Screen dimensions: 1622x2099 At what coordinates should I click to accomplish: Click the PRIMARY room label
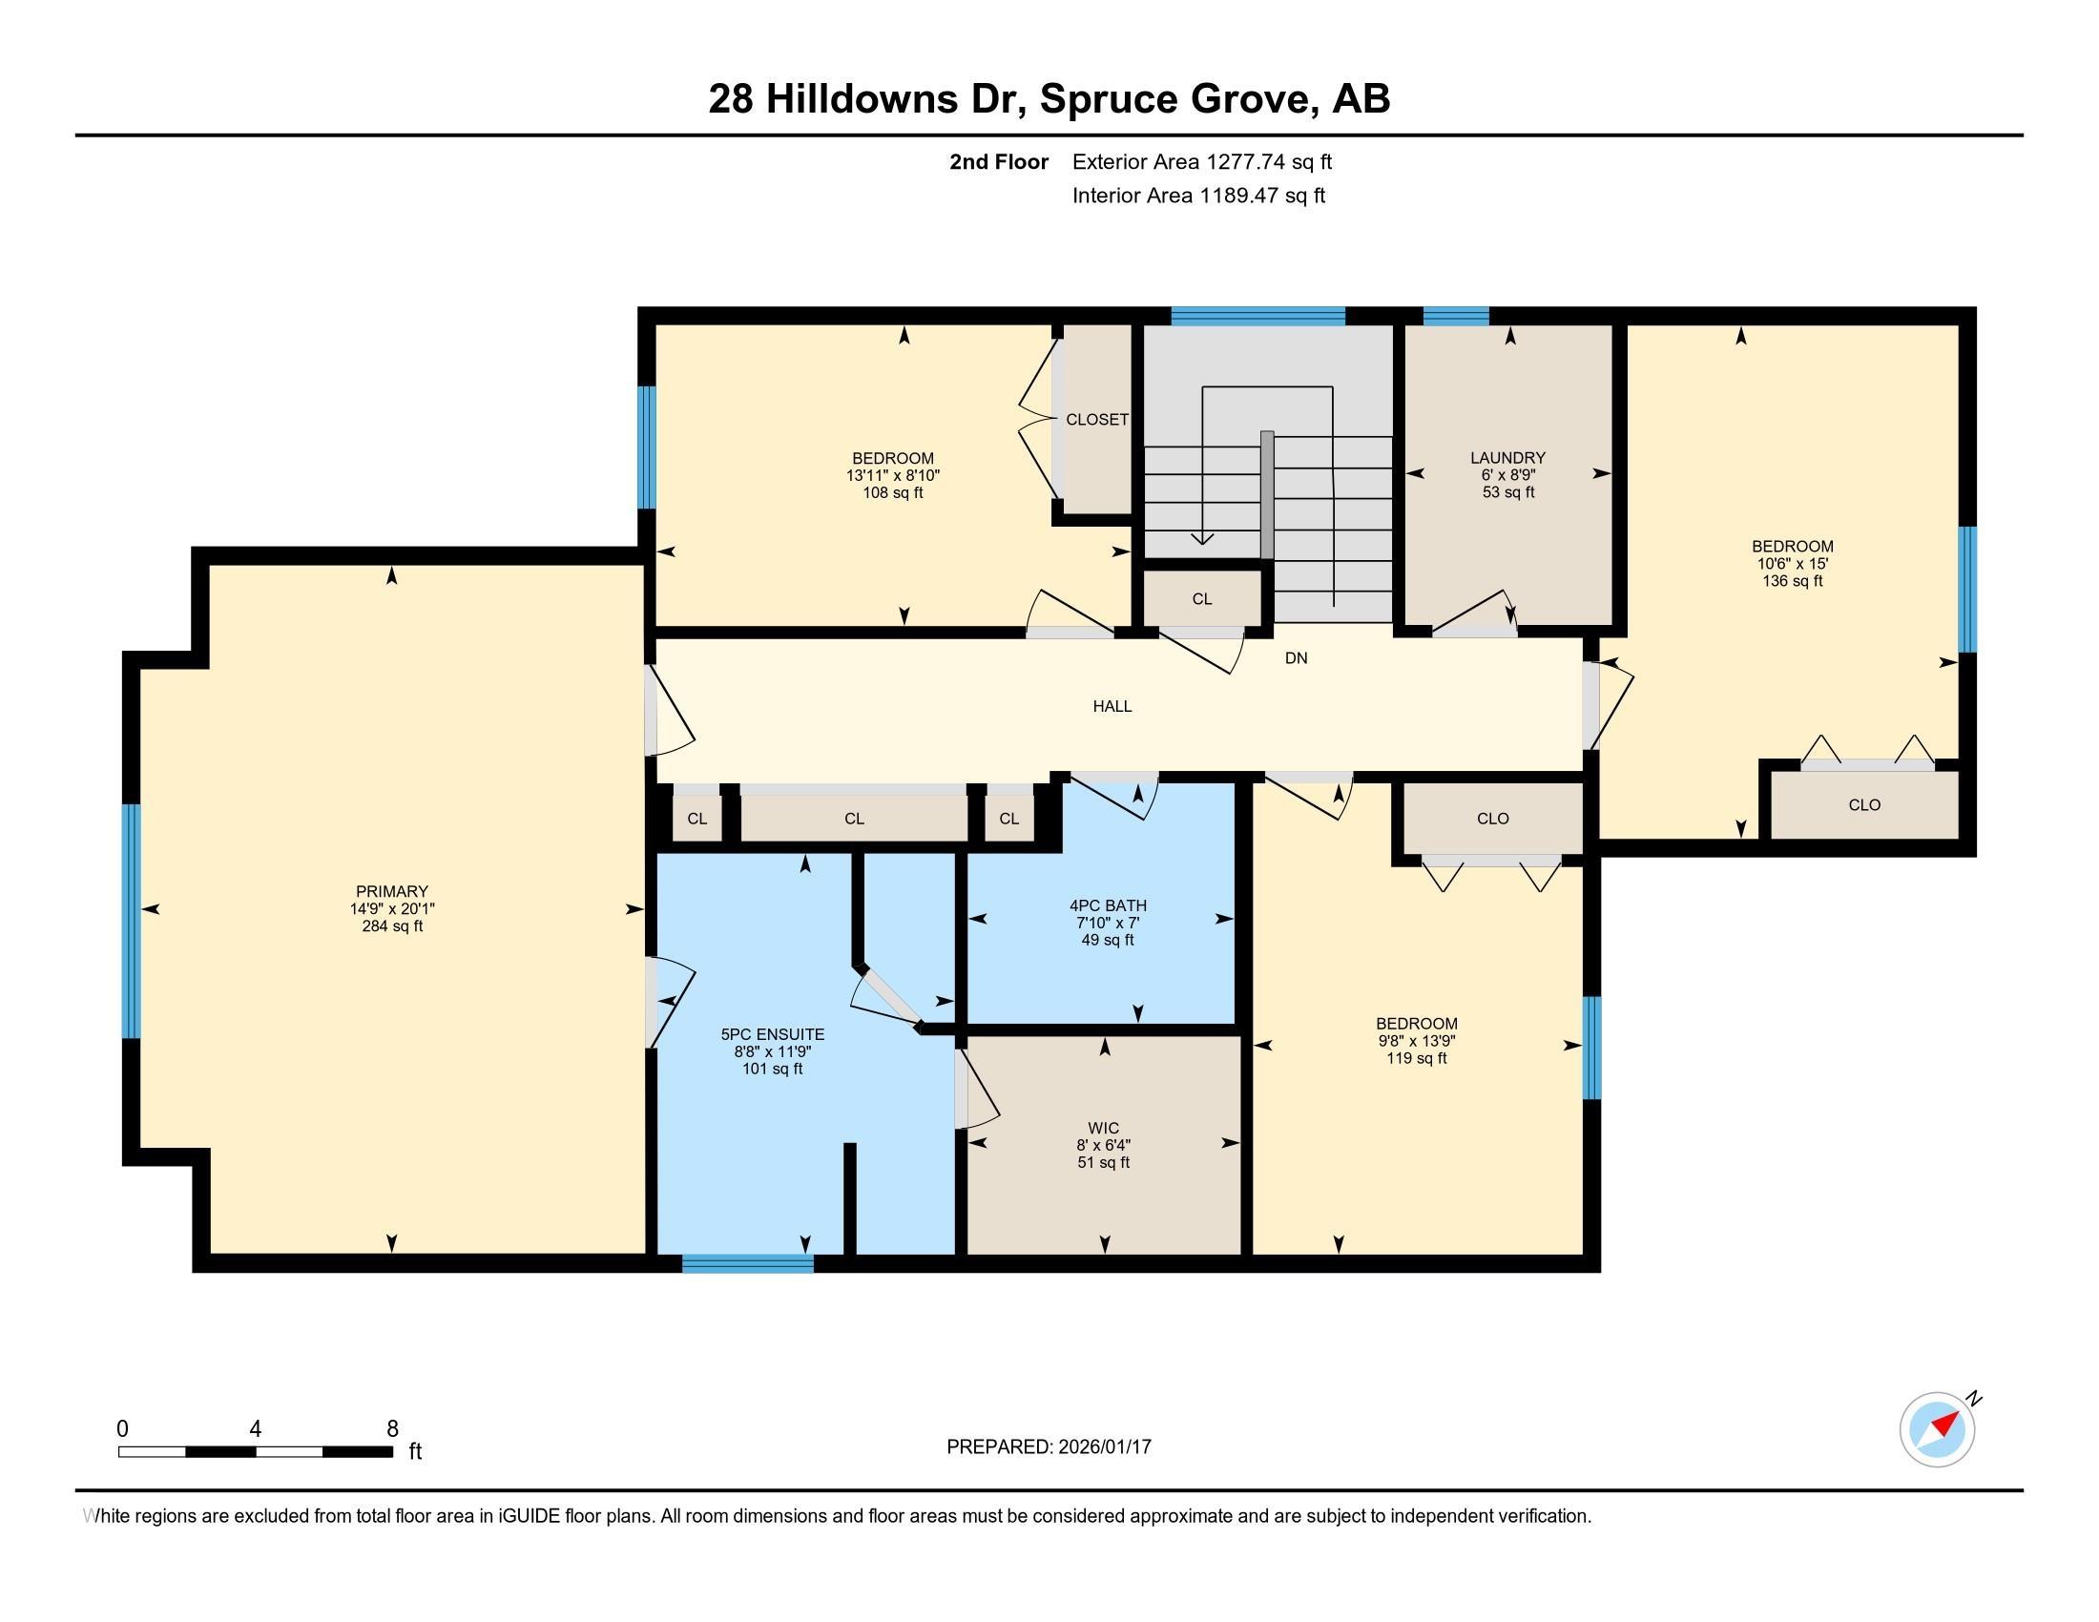391,891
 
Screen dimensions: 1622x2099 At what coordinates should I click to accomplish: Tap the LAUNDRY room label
1507,457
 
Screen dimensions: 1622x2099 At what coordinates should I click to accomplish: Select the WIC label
1103,1127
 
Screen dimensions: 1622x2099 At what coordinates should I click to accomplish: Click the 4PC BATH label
1107,905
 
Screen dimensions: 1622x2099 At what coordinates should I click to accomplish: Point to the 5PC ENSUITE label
772,1034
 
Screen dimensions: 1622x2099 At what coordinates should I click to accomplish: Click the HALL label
1112,706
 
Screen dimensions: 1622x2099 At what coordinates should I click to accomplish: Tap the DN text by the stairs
1296,658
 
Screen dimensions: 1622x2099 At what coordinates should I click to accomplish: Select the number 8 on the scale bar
392,1429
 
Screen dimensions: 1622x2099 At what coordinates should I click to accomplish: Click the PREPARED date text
1049,1446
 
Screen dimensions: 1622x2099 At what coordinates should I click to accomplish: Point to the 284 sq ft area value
391,926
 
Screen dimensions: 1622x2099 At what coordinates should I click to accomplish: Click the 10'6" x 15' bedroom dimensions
1792,564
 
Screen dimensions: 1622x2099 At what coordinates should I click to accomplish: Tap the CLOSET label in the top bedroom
1096,420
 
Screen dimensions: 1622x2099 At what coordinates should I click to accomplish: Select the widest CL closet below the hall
854,819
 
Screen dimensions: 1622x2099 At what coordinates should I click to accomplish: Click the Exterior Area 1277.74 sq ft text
1201,161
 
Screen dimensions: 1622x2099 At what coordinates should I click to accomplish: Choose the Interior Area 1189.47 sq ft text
1198,196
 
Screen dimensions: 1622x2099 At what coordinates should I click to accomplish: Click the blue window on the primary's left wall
131,921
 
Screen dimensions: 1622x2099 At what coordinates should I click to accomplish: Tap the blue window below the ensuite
748,1263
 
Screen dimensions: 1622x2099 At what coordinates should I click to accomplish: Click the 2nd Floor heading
998,161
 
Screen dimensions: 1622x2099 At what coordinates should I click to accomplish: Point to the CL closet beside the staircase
1201,598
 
